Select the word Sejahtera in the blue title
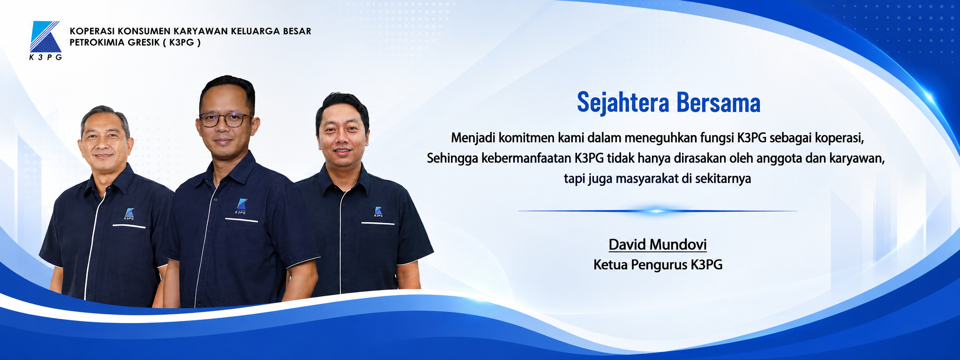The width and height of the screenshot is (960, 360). click(x=623, y=102)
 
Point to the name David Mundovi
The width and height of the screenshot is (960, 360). click(x=657, y=244)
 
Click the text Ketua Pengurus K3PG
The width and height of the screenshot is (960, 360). click(x=658, y=265)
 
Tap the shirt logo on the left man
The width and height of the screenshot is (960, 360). click(x=129, y=214)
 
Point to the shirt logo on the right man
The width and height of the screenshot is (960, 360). click(x=378, y=211)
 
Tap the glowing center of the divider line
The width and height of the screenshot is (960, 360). click(x=657, y=211)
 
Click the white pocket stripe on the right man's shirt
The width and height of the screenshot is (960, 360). click(x=378, y=224)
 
